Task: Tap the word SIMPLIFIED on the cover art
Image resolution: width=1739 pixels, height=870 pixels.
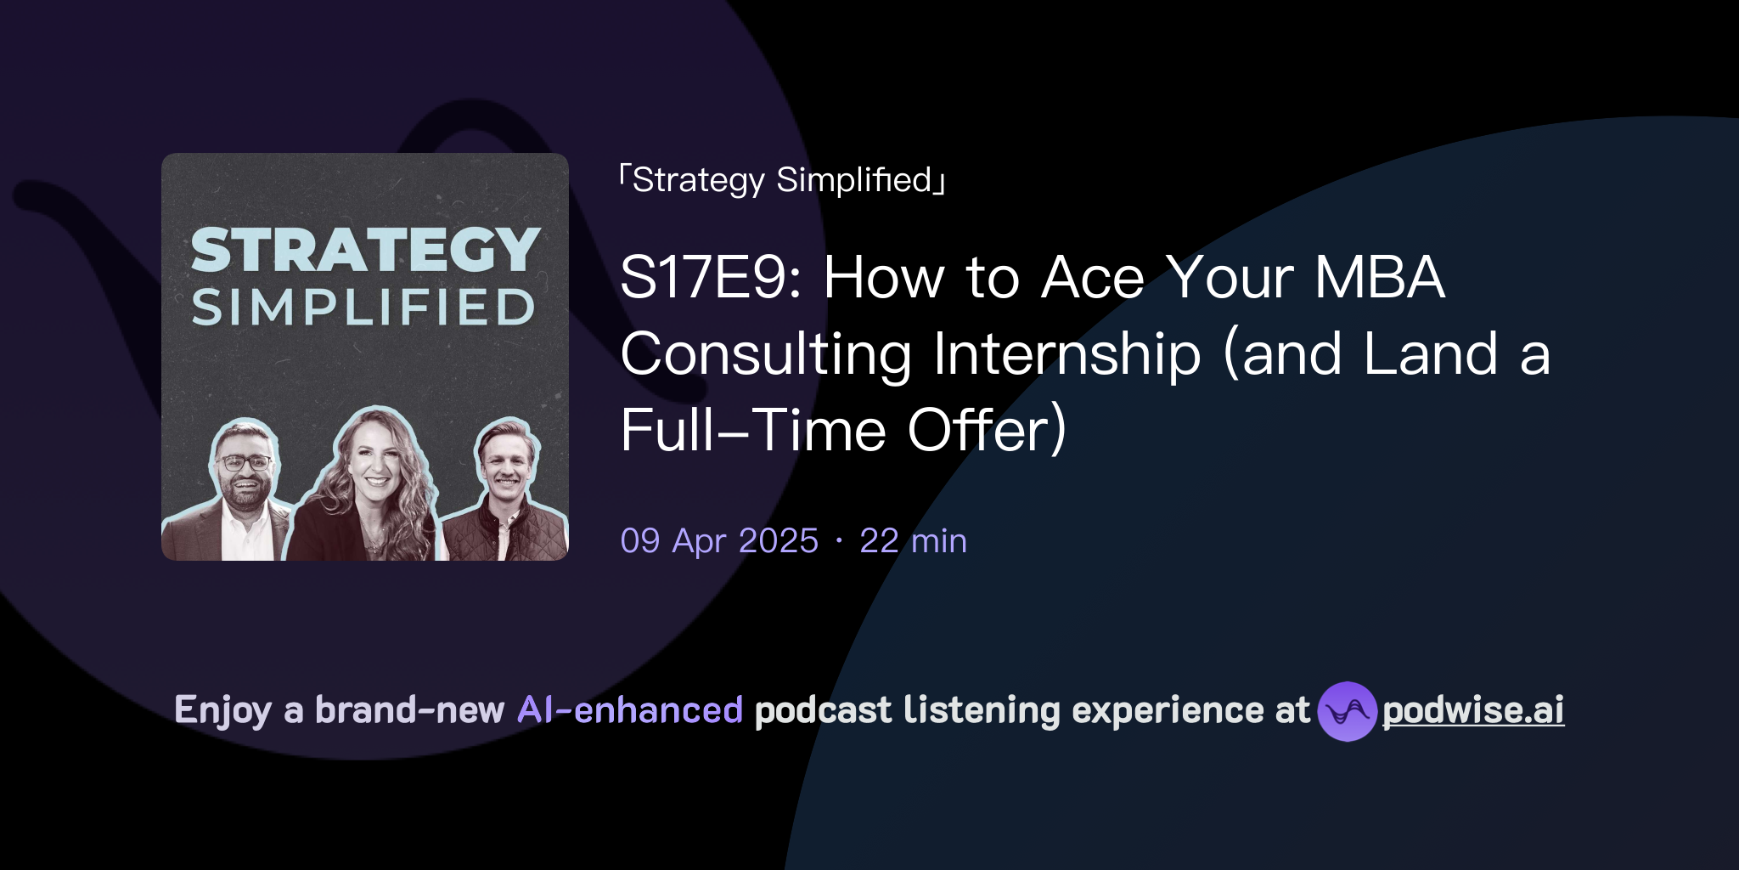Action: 363,308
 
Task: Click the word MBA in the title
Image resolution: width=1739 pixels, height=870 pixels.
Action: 1379,278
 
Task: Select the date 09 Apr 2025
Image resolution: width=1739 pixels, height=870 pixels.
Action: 719,541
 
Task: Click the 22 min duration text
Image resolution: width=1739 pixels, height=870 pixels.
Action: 913,541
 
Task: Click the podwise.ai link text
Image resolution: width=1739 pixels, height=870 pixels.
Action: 1472,711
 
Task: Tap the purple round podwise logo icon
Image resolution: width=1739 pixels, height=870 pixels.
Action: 1347,711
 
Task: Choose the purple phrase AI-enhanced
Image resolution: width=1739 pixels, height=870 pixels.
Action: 630,710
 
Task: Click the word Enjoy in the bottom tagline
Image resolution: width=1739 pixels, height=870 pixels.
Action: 222,711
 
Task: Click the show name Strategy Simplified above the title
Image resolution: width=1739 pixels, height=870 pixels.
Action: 782,180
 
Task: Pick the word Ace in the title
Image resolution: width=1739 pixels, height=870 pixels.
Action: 1093,278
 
